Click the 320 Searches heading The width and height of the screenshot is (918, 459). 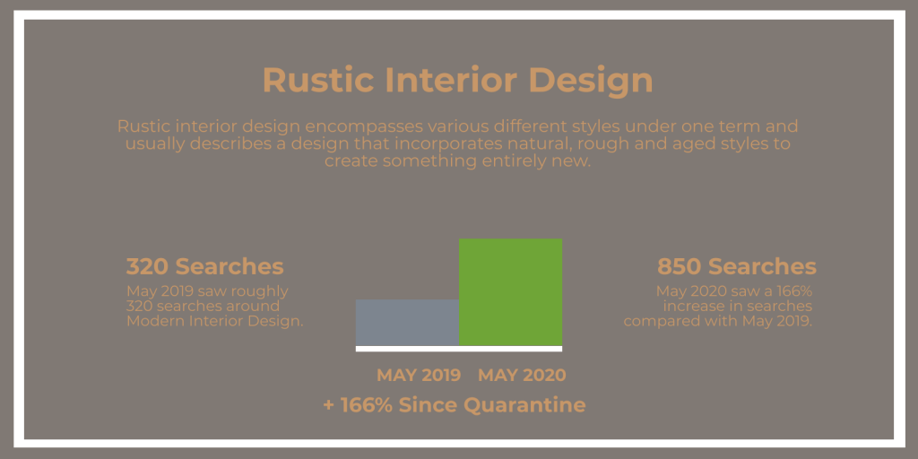pos(205,267)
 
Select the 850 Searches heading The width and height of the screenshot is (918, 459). pos(737,267)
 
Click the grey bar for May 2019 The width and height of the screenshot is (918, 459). pos(408,323)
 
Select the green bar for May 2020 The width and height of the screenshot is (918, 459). pos(510,292)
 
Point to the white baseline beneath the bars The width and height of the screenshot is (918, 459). pos(459,349)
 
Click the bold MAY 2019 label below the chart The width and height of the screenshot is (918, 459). pos(419,376)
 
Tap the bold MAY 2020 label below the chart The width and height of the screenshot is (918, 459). pos(523,376)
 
